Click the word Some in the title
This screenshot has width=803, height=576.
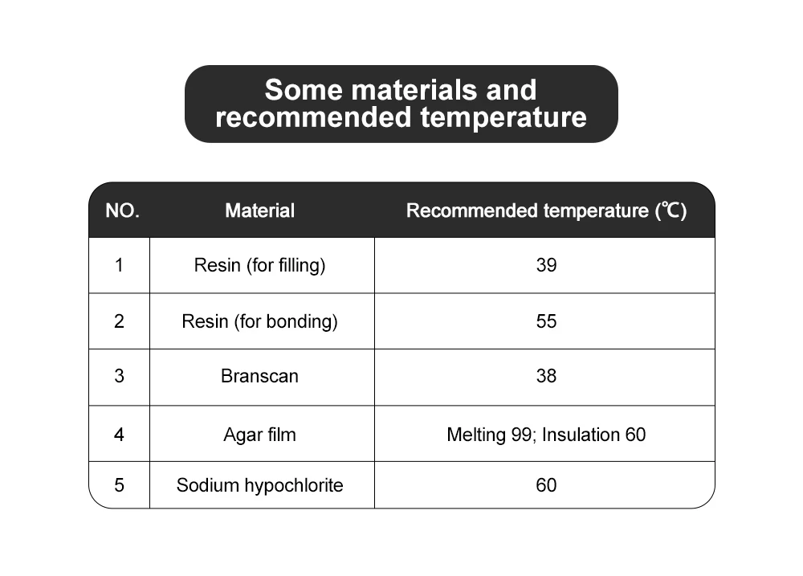304,90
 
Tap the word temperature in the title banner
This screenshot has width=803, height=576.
503,117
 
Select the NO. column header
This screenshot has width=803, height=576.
122,210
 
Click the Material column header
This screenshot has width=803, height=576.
259,210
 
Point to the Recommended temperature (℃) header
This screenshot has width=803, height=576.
546,210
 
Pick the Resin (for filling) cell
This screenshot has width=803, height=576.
259,265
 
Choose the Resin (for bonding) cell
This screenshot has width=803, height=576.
259,321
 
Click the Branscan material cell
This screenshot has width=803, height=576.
259,376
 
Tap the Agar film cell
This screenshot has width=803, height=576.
259,435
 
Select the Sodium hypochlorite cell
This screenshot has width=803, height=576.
259,484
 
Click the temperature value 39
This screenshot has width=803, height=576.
546,265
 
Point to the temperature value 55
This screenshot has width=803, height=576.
546,321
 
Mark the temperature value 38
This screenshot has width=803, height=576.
546,376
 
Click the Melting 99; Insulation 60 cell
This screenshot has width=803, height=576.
546,435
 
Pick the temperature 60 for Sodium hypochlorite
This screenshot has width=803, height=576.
546,484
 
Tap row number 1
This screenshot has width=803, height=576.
119,265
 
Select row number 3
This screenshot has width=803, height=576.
119,376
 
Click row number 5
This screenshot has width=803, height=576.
119,484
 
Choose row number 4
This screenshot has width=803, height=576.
119,435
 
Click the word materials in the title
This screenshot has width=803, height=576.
414,90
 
